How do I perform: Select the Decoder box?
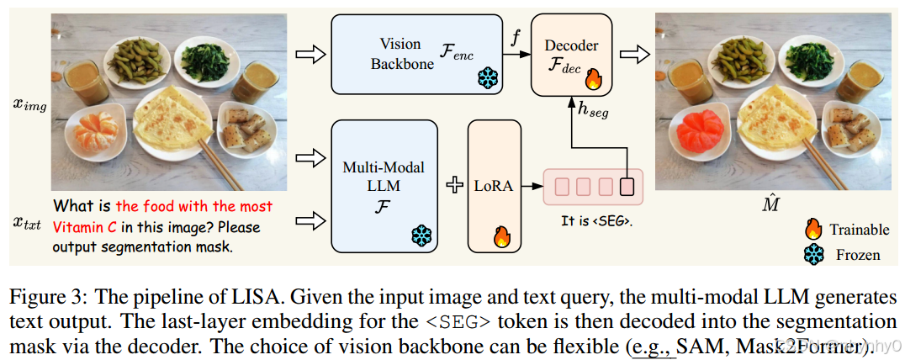pyautogui.click(x=570, y=53)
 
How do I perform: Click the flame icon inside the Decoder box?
pyautogui.click(x=592, y=79)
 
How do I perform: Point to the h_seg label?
pyautogui.click(x=594, y=111)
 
